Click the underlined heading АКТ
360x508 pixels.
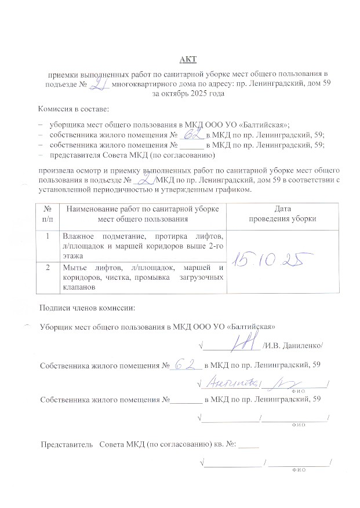[x=186, y=59]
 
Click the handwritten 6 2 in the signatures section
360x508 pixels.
[x=185, y=364]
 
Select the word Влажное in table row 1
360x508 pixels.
[x=81, y=236]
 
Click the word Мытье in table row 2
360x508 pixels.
[x=77, y=267]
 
